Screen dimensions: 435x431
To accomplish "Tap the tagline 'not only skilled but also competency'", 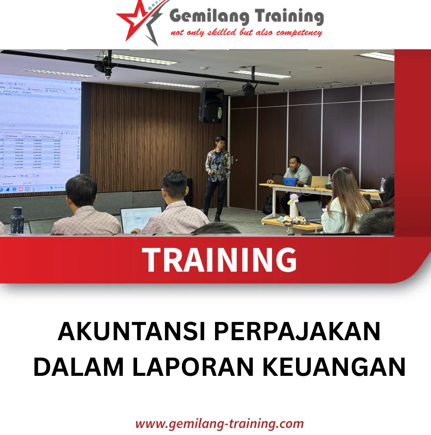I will (x=246, y=33).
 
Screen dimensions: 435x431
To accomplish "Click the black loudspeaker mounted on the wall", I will (x=211, y=105).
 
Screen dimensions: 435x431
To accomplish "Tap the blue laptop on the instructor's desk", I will (x=290, y=181).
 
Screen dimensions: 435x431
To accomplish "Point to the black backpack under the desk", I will (x=269, y=204).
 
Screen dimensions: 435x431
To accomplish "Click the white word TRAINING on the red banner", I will (x=219, y=260).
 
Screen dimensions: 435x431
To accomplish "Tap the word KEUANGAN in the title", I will (x=335, y=367).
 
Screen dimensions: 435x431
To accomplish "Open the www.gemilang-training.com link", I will (x=219, y=423).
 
